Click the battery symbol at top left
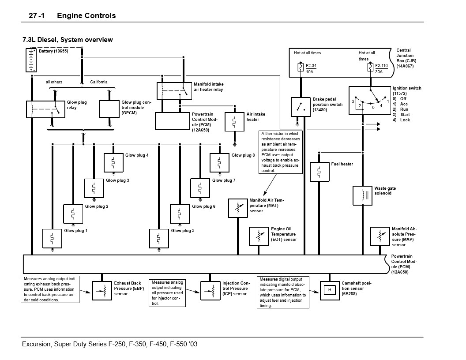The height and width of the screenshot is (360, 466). pyautogui.click(x=31, y=60)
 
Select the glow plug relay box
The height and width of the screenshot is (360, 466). pyautogui.click(x=45, y=109)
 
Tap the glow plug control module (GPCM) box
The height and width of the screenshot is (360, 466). pyautogui.click(x=109, y=109)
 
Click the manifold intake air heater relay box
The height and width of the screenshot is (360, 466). pyautogui.click(x=174, y=90)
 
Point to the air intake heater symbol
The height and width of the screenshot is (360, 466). pyautogui.click(x=234, y=122)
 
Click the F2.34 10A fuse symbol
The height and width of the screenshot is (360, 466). pyautogui.click(x=300, y=68)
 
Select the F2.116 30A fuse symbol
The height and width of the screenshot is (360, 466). pyautogui.click(x=370, y=68)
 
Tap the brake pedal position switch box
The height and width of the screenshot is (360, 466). pyautogui.click(x=300, y=107)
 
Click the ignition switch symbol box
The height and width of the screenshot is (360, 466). pyautogui.click(x=370, y=100)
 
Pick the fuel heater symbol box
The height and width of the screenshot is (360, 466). pyautogui.click(x=319, y=172)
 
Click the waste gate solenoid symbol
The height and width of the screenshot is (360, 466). pyautogui.click(x=362, y=195)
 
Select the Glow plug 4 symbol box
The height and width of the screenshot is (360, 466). pyautogui.click(x=113, y=162)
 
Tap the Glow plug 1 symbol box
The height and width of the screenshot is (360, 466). pyautogui.click(x=52, y=238)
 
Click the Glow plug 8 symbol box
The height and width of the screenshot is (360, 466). pyautogui.click(x=219, y=162)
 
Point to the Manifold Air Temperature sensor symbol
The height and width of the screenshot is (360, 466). pyautogui.click(x=237, y=208)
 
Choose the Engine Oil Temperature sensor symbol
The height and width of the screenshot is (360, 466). pyautogui.click(x=259, y=236)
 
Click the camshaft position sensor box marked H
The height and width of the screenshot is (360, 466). pyautogui.click(x=329, y=290)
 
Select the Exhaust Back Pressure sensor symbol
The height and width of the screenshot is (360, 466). pyautogui.click(x=102, y=290)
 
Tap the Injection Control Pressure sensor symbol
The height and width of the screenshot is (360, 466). pyautogui.click(x=210, y=290)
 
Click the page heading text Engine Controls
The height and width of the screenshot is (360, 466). pyautogui.click(x=86, y=15)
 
